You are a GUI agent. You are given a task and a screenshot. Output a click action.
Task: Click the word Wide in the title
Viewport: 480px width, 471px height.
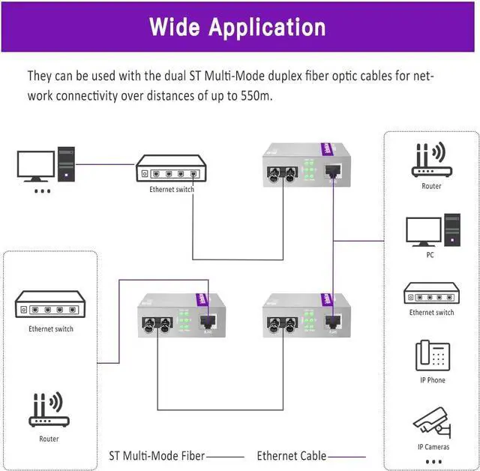click(174, 27)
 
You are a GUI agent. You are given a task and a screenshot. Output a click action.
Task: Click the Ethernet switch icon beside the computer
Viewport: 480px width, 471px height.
click(171, 171)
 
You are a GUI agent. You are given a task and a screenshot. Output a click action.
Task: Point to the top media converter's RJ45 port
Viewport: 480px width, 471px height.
click(334, 172)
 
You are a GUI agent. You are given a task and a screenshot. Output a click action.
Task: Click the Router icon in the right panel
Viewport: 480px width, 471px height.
click(430, 161)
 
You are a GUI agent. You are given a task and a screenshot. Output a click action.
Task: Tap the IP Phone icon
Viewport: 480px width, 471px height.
click(430, 355)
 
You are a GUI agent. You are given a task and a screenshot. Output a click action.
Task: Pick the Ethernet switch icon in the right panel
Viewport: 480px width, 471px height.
click(430, 293)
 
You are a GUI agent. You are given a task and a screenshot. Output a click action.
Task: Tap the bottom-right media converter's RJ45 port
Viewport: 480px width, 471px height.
click(333, 323)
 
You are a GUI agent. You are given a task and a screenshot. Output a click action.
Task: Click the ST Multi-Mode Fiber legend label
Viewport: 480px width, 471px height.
click(156, 455)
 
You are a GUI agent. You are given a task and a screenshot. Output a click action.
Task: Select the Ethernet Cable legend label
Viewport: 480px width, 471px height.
click(291, 455)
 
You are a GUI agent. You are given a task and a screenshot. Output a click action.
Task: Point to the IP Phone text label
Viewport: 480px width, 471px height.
click(432, 380)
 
